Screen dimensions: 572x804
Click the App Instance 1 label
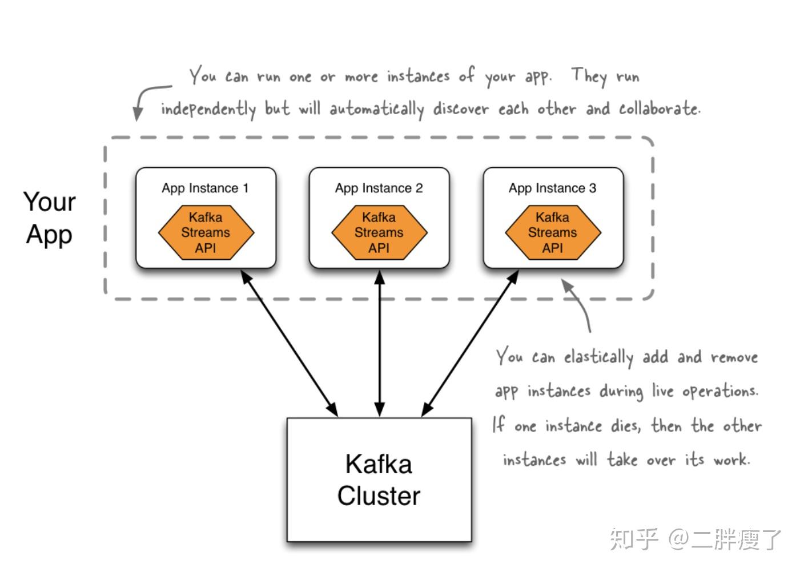point(205,188)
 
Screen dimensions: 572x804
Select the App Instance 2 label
point(379,188)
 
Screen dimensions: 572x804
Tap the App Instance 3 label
point(552,188)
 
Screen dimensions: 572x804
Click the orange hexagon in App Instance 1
point(206,233)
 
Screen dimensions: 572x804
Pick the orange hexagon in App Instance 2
point(379,233)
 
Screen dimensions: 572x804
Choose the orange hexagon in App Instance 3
point(553,233)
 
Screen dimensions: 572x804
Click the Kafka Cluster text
point(379,480)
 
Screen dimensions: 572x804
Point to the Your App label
point(49,218)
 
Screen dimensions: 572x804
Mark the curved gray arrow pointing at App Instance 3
point(580,303)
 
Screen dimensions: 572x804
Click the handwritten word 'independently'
point(208,109)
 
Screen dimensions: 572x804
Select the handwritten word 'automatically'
point(376,109)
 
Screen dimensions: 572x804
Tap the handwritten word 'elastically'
point(598,358)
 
